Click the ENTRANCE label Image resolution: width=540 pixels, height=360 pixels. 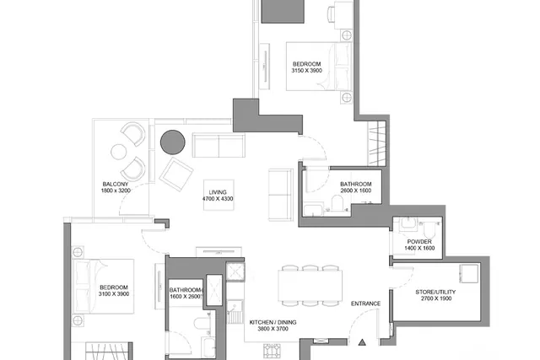365,304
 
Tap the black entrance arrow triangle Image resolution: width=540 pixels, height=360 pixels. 362,342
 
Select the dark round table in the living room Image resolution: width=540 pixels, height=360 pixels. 173,142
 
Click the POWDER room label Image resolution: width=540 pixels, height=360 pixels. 419,242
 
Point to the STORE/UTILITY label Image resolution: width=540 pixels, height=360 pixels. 435,292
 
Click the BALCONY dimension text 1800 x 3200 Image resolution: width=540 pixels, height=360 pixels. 116,191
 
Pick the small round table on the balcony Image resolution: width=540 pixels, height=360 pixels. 118,152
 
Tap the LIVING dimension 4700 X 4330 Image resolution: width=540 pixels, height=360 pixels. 218,199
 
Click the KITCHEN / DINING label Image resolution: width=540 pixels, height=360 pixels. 273,323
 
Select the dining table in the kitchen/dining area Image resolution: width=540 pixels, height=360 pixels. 310,285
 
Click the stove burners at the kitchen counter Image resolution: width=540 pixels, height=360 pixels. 272,351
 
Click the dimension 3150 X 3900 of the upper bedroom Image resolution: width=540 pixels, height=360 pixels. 307,71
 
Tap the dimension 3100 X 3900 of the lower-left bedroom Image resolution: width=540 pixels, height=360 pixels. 114,294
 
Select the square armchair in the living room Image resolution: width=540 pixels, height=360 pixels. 176,175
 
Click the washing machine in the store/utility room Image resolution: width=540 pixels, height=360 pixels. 469,274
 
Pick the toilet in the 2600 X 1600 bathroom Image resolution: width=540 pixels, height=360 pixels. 337,202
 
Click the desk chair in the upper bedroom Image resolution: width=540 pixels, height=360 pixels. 332,14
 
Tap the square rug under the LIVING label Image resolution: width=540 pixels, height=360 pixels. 219,195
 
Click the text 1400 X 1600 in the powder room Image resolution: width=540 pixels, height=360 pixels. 419,248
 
